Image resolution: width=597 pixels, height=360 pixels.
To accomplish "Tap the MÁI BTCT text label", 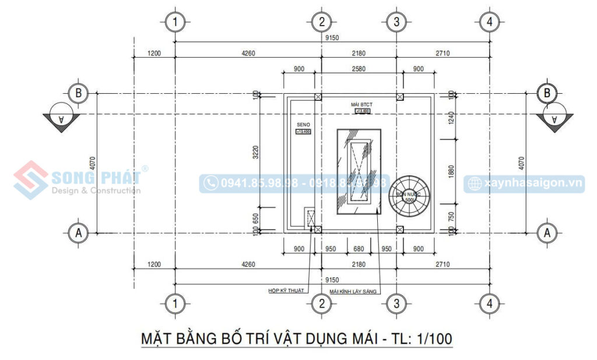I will [x=361, y=104].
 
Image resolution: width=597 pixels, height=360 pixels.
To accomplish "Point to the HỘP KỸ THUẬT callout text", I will [x=286, y=290].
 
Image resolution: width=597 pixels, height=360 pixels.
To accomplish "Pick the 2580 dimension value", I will [x=359, y=69].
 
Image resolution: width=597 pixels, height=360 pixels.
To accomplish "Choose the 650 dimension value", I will [x=255, y=218].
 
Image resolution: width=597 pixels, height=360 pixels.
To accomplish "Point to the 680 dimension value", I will [x=359, y=249].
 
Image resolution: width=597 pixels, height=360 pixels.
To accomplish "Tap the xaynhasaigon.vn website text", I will [x=533, y=183].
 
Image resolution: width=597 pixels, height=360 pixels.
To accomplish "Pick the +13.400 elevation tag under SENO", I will [x=304, y=132].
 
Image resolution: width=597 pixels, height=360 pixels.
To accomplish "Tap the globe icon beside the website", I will [x=475, y=184].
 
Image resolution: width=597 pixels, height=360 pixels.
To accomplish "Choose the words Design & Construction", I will [x=96, y=190].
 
